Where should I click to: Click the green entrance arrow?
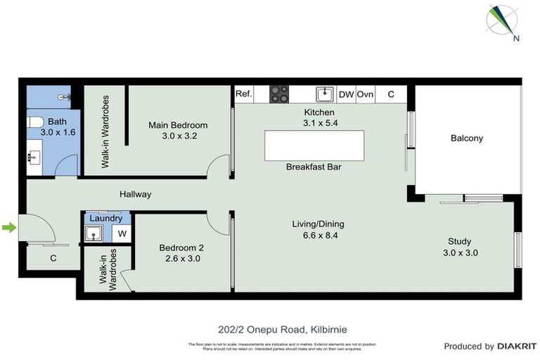(x=8, y=227)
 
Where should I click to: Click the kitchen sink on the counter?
(x=324, y=94)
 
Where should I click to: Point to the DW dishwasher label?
(x=346, y=94)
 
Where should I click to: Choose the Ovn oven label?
(x=365, y=94)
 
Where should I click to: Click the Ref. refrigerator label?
(x=243, y=94)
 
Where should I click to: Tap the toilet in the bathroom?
(x=34, y=124)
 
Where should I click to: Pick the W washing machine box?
(x=122, y=234)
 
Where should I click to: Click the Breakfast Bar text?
(x=314, y=167)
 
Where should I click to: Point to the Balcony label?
(x=467, y=139)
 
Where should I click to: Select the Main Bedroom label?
(x=178, y=125)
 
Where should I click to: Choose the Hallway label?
(x=135, y=195)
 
